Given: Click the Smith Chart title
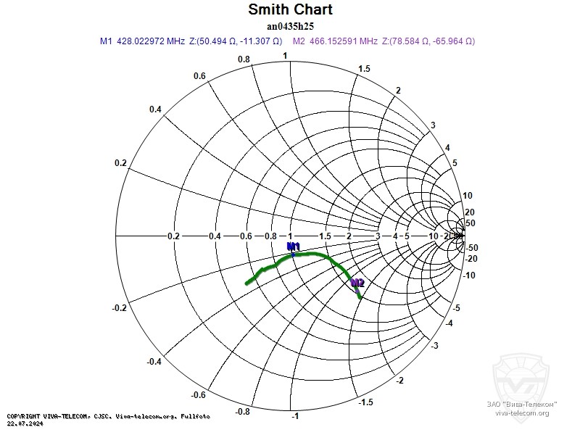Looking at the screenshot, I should point(290,9).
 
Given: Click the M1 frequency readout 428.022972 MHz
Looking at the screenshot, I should point(151,41).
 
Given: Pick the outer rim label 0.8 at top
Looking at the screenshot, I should point(244,59).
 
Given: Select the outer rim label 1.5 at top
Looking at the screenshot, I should point(365,68).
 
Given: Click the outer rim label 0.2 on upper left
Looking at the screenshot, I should point(120,162).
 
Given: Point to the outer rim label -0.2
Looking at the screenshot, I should point(120,308).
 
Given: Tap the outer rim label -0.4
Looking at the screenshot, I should point(153,361).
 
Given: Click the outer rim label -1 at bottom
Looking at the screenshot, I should point(294,416).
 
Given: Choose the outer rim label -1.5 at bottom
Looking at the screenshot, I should point(367,402).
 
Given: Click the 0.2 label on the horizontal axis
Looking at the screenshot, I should point(173,236).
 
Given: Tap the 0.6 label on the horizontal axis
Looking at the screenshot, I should point(246,236).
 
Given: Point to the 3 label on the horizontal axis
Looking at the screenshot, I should point(377,236).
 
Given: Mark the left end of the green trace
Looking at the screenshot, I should point(246,283).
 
